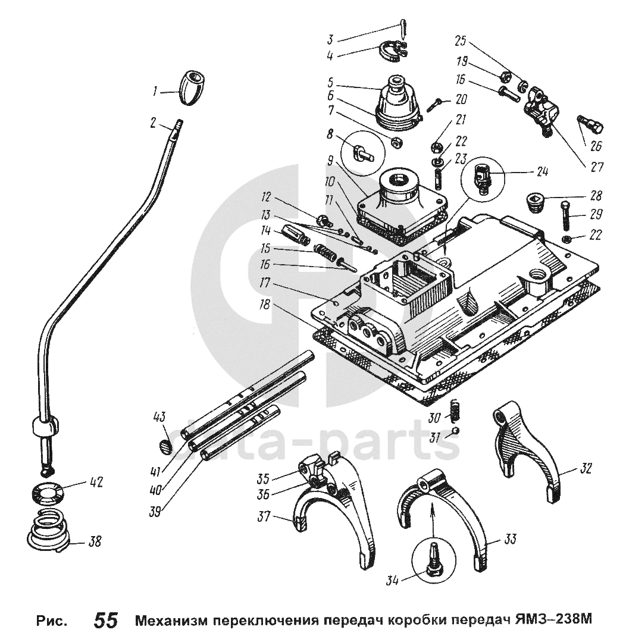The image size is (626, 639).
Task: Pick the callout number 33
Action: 510,540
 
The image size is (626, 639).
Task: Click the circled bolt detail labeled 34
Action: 434,560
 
